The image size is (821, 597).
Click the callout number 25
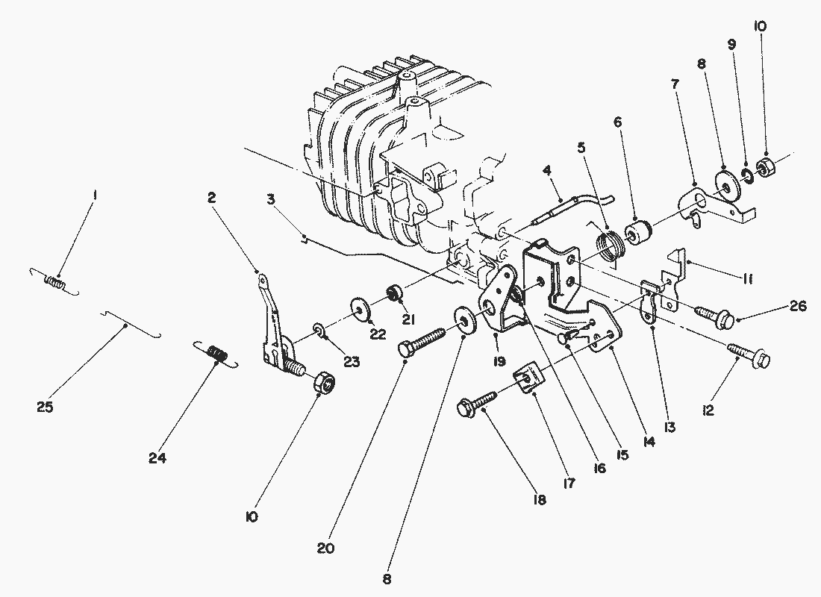45,407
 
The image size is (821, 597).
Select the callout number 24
157,458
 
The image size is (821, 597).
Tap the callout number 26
798,306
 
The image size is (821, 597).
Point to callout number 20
325,548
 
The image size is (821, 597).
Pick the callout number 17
569,483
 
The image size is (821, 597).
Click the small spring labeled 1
54,282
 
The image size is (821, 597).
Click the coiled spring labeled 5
609,246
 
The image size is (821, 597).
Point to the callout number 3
270,199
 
